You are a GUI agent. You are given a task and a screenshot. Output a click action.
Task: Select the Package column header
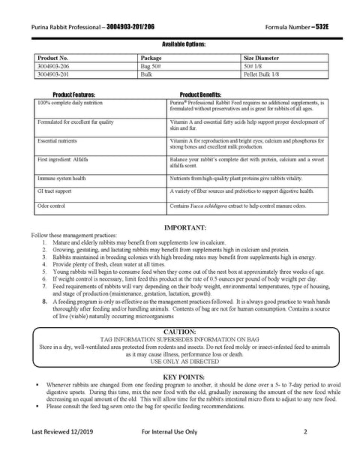click(151, 57)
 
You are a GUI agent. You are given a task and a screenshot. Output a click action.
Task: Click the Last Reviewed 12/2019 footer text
click(64, 453)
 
